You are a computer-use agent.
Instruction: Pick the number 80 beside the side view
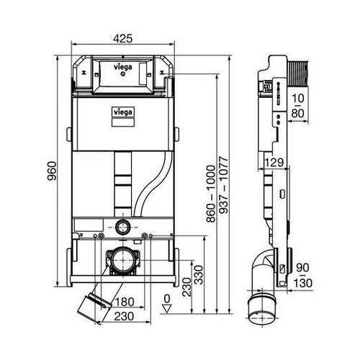pos(297,112)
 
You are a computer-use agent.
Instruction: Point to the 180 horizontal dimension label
pos(127,300)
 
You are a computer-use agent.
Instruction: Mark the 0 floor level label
pos(166,297)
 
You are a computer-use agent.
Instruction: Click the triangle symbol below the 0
pos(166,307)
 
